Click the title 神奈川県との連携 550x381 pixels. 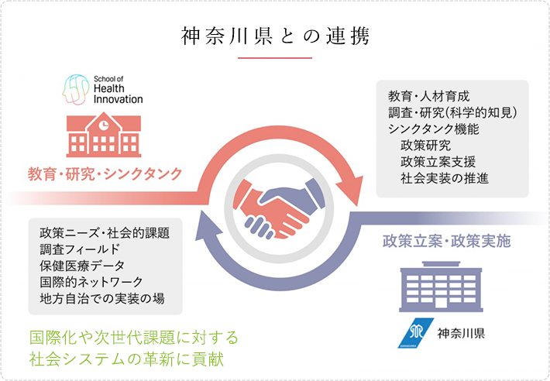tap(275, 36)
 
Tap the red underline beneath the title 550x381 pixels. tap(275, 58)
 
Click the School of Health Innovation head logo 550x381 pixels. tap(76, 90)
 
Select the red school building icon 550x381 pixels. tap(104, 135)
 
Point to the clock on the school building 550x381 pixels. tap(104, 125)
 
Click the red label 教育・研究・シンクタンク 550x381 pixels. tap(105, 174)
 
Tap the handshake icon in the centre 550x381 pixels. tap(279, 208)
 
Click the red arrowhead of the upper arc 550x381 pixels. tap(352, 190)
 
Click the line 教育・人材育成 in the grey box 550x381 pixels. tap(428, 96)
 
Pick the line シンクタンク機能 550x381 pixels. tap(434, 129)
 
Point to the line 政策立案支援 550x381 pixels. tap(438, 162)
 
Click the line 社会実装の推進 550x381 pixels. tap(445, 178)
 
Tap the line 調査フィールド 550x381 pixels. tap(80, 249)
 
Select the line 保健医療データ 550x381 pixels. tap(82, 266)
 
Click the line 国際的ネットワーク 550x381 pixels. tap(91, 282)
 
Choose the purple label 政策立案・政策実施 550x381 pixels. tap(446, 241)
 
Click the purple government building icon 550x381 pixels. tap(441, 287)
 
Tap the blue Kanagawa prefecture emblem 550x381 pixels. tap(416, 333)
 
